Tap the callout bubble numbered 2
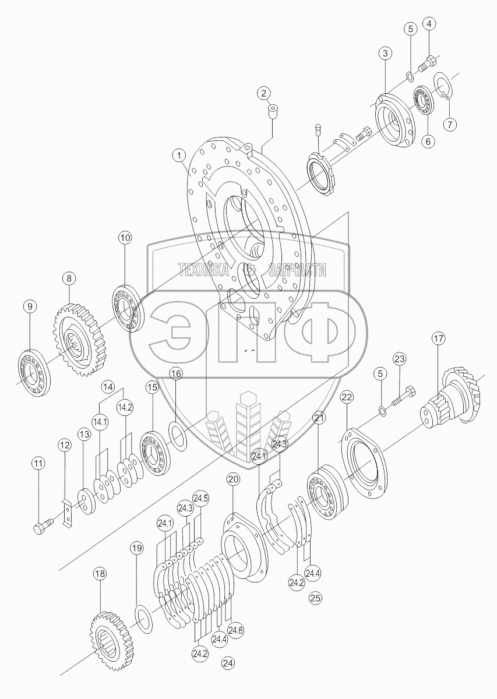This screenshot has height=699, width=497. tap(264, 93)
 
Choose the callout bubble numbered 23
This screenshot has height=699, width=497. tap(399, 359)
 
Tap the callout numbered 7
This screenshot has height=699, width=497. tap(450, 125)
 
